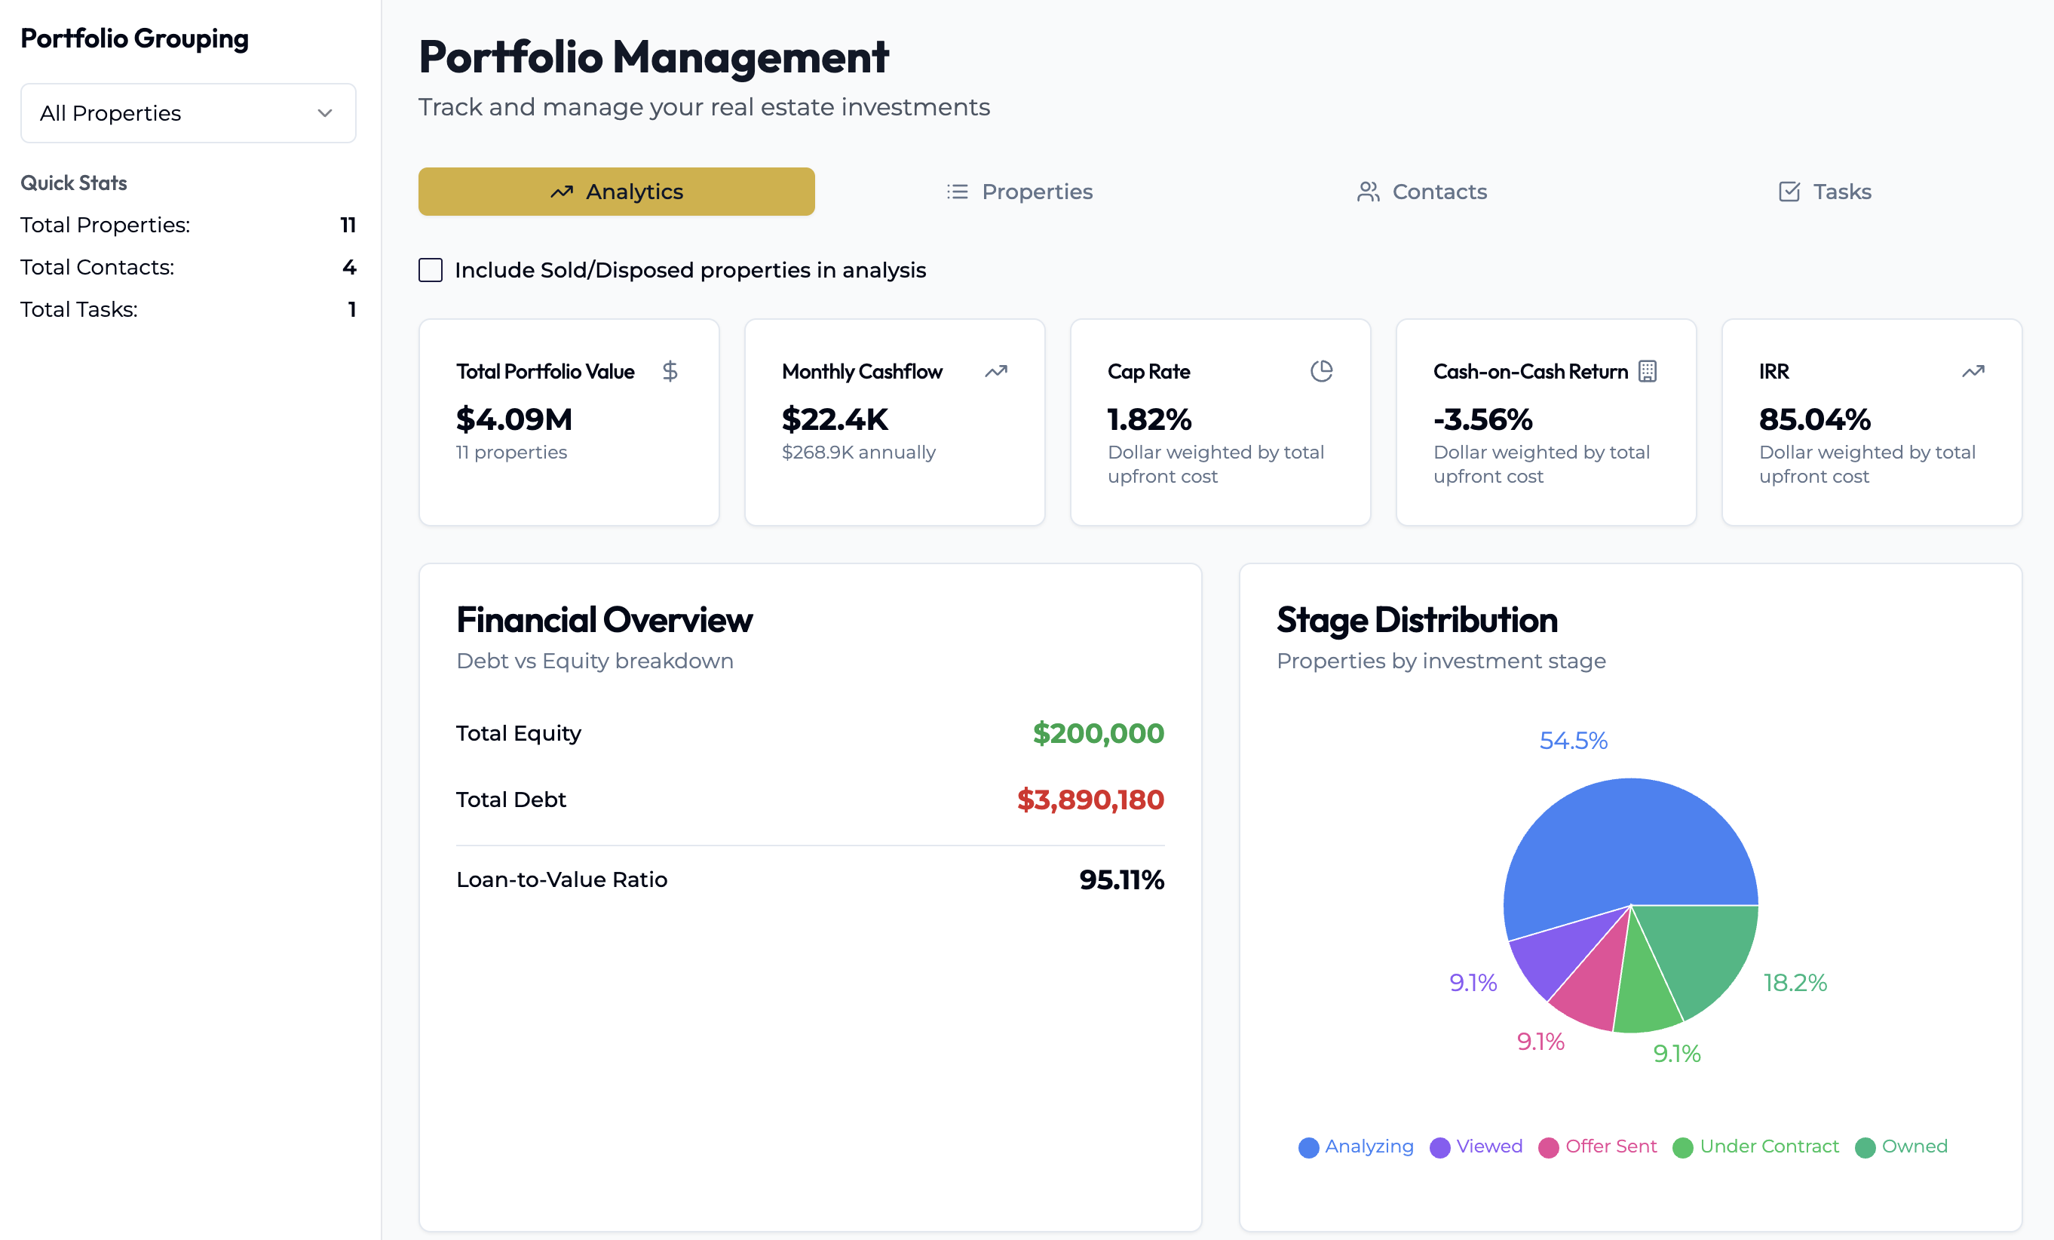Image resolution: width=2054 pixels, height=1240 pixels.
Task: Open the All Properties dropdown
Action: tap(189, 113)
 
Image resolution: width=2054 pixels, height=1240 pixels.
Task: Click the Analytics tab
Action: tap(616, 192)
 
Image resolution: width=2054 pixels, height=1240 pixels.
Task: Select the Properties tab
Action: tap(1019, 192)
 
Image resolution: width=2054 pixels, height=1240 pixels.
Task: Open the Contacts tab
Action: tap(1421, 192)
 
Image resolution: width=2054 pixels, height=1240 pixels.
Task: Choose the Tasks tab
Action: tap(1825, 192)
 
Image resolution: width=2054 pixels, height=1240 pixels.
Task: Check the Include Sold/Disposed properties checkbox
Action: tap(430, 270)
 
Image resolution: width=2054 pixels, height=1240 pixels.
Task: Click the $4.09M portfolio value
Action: tap(514, 419)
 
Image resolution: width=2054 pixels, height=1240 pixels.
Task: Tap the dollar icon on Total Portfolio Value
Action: tap(670, 371)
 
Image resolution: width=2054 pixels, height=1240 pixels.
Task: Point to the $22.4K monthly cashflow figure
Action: tap(835, 419)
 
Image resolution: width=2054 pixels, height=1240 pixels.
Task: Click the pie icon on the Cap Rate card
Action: tap(1321, 371)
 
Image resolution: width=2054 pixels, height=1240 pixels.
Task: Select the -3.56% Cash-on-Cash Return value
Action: tap(1483, 419)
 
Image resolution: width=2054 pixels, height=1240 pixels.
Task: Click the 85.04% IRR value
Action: tap(1815, 419)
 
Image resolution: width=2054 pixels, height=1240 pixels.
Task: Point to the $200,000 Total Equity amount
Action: tap(1099, 733)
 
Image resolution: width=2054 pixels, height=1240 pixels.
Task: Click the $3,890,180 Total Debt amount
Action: tap(1090, 800)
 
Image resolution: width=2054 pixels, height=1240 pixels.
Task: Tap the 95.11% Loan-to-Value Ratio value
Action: tap(1121, 879)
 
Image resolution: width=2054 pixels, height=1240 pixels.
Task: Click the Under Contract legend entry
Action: tap(1756, 1146)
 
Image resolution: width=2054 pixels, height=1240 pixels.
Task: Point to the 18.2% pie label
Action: tap(1795, 982)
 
